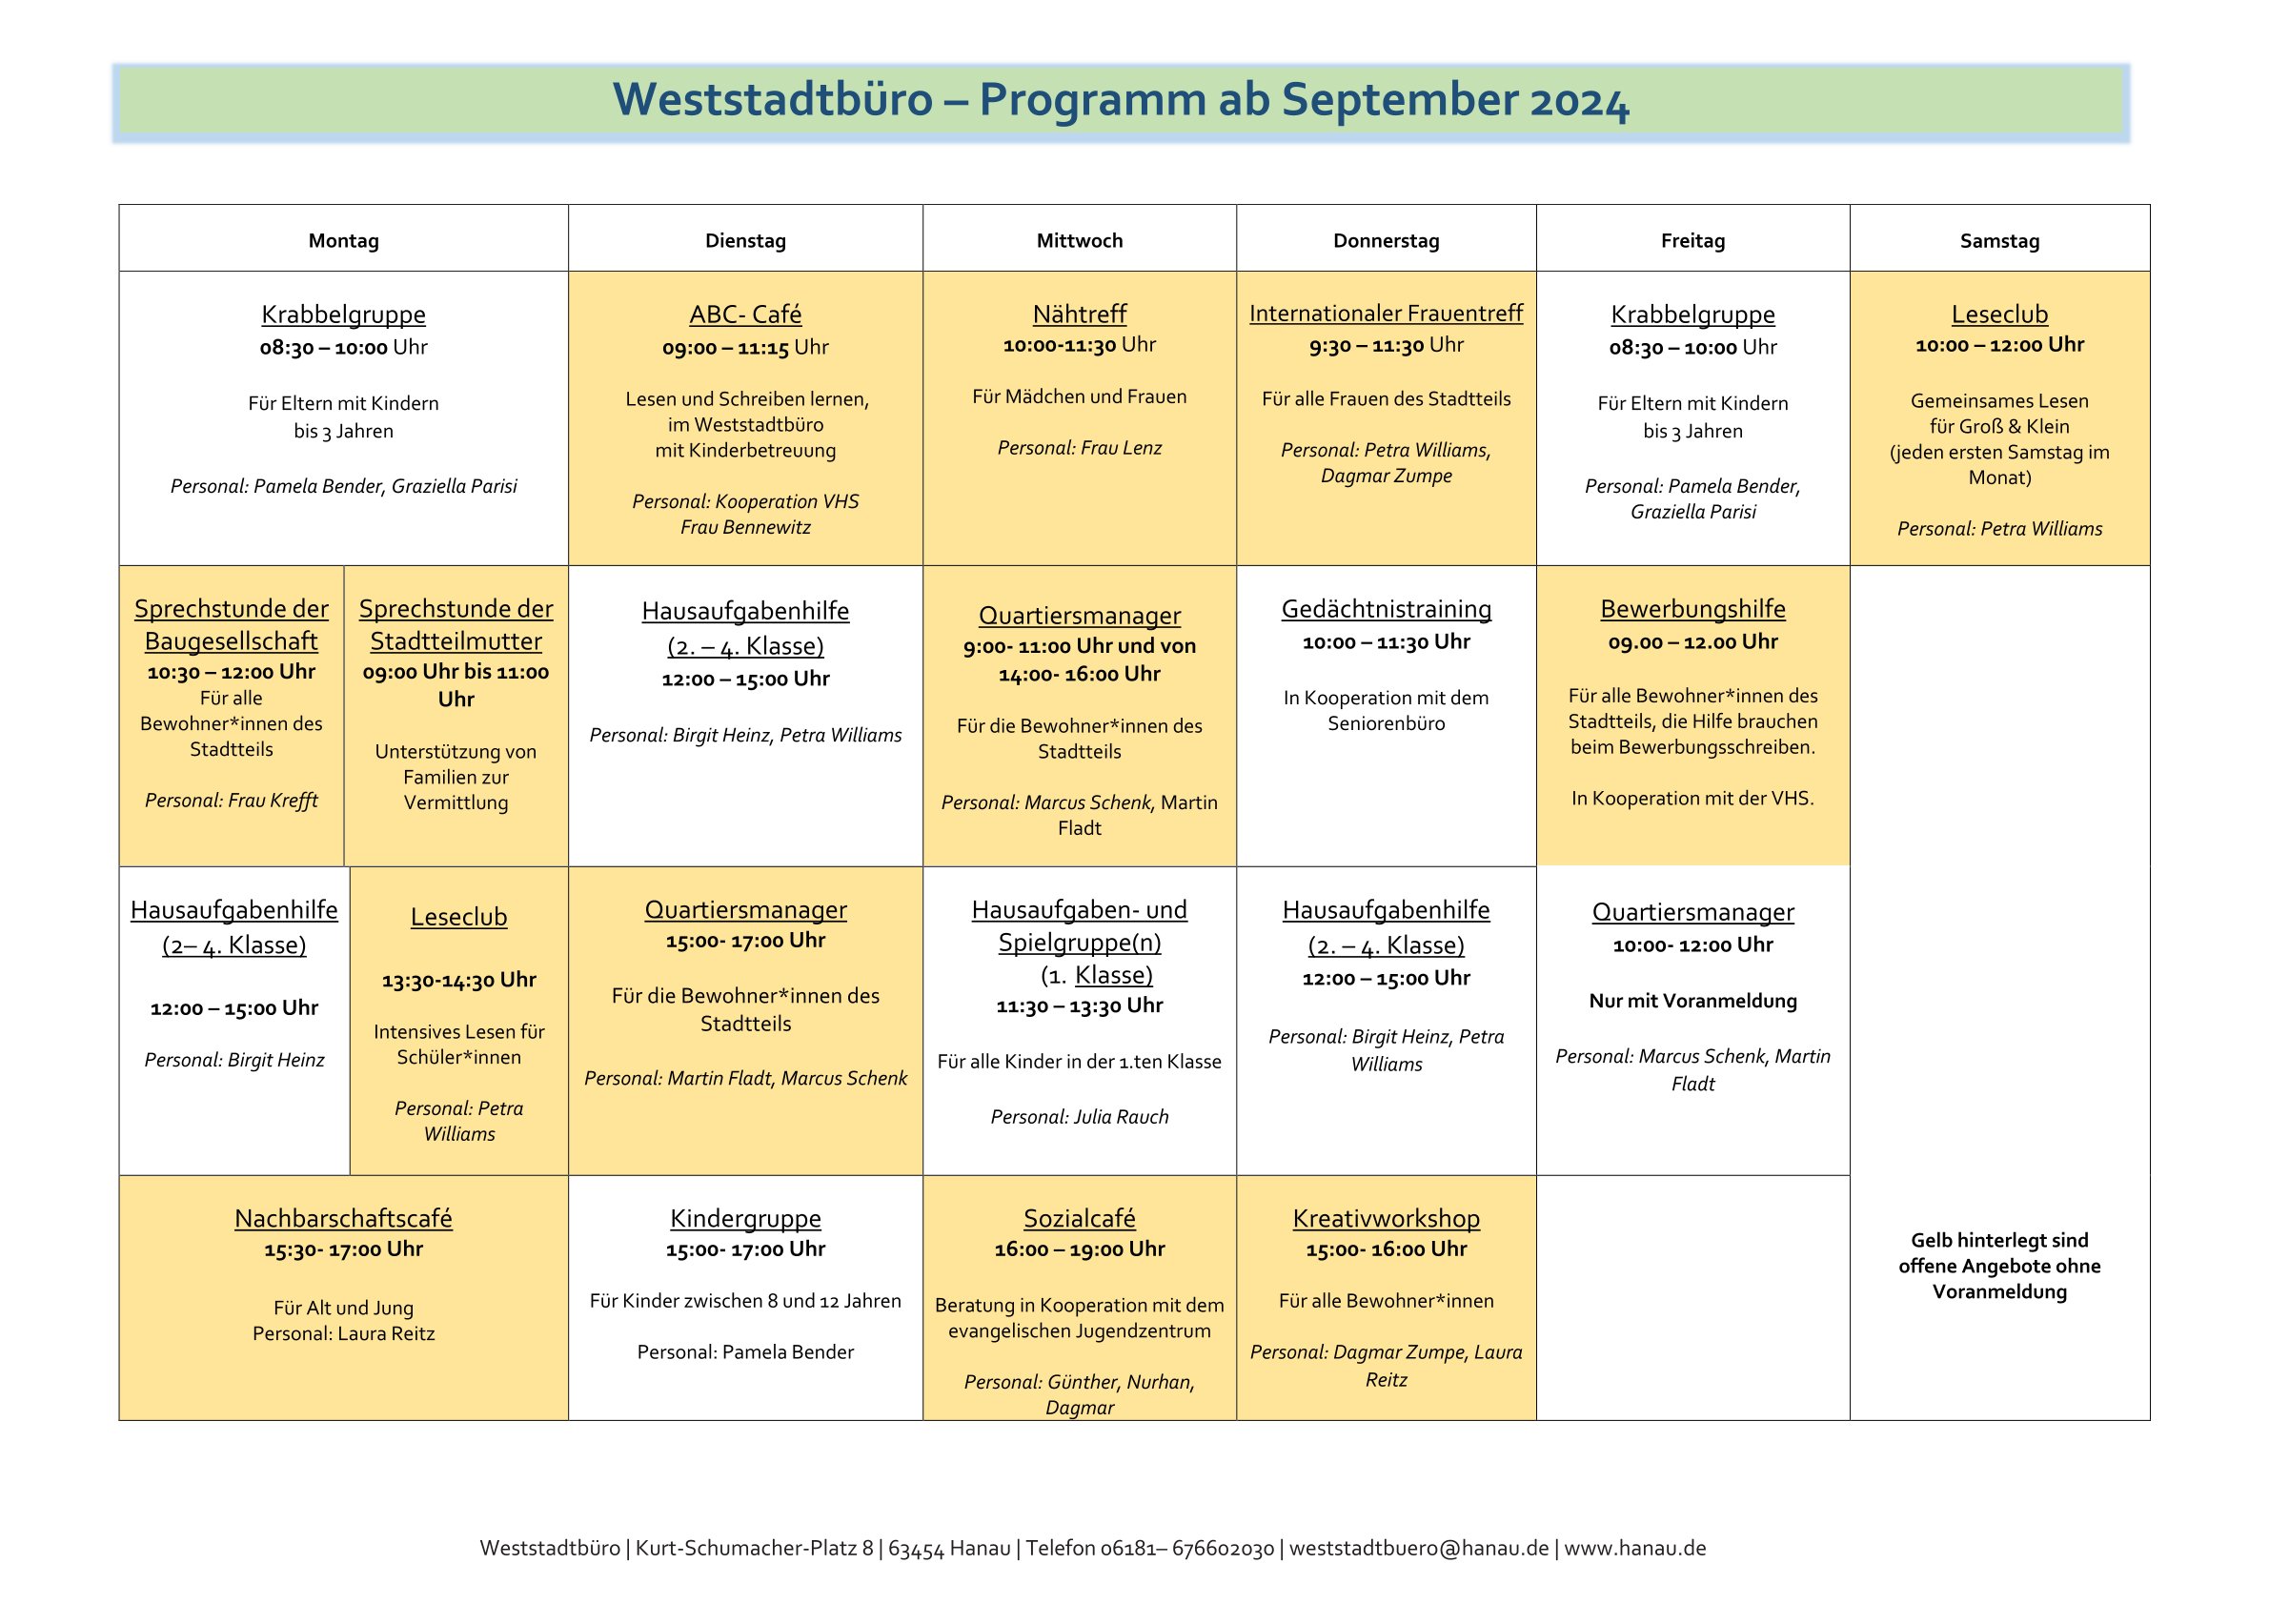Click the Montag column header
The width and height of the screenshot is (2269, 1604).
coord(343,240)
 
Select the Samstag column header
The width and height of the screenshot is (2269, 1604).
coord(1999,240)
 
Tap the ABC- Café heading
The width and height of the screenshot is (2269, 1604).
coord(745,315)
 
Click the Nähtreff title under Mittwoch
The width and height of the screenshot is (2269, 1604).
coord(1079,315)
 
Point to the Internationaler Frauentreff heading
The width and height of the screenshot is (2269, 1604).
coord(1386,314)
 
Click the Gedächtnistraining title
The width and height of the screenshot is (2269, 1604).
coord(1386,609)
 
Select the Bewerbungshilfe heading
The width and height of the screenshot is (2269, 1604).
coord(1692,609)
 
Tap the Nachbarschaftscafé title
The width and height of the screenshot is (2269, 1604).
coord(343,1219)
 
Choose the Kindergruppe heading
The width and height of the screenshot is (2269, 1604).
coord(745,1219)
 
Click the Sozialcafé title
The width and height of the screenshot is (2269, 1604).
coord(1079,1219)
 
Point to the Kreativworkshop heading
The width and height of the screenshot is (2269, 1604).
coord(1386,1219)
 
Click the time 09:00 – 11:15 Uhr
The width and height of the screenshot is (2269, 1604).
coord(745,347)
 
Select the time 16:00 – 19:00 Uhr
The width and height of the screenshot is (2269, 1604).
coord(1079,1249)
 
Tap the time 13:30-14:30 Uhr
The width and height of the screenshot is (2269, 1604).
coord(458,981)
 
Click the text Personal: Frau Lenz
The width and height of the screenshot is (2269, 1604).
coord(1079,448)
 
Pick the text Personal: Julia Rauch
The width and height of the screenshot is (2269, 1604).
coord(1079,1117)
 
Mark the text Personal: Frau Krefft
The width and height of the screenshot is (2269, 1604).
coord(232,801)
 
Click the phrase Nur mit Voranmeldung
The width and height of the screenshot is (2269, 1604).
coord(1692,1001)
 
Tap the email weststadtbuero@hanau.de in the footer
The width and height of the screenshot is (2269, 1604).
coord(1418,1549)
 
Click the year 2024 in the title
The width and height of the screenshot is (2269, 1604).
coord(1579,101)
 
